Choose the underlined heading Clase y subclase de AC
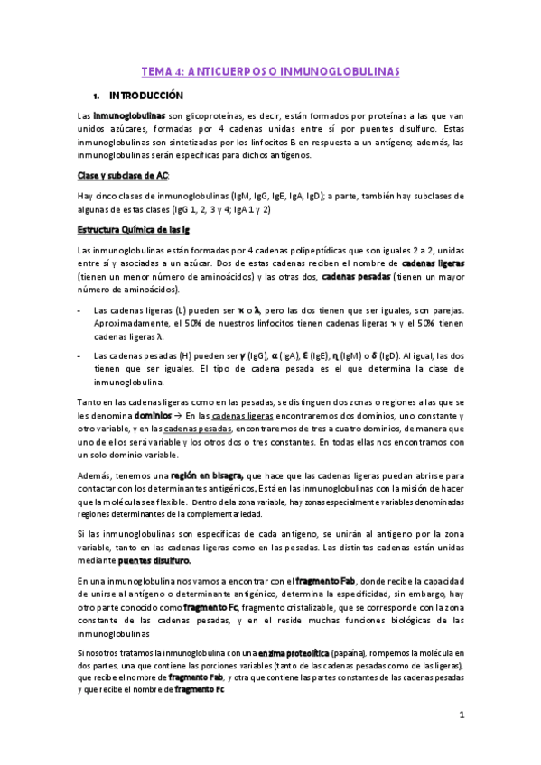[123, 174]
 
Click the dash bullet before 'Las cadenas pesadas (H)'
[80, 355]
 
